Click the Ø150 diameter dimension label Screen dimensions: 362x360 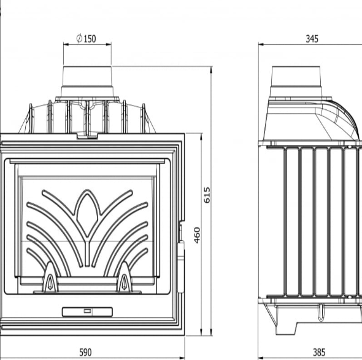click(86, 39)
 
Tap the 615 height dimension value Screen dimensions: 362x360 click(207, 195)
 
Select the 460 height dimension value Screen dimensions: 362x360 click(197, 235)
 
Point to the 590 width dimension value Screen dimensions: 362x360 click(85, 352)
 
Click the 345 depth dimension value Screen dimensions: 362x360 click(312, 39)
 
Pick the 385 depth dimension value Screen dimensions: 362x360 click(319, 352)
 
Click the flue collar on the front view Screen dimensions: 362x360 click(87, 82)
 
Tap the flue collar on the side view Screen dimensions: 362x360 click(296, 82)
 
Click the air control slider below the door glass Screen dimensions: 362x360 click(87, 311)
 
